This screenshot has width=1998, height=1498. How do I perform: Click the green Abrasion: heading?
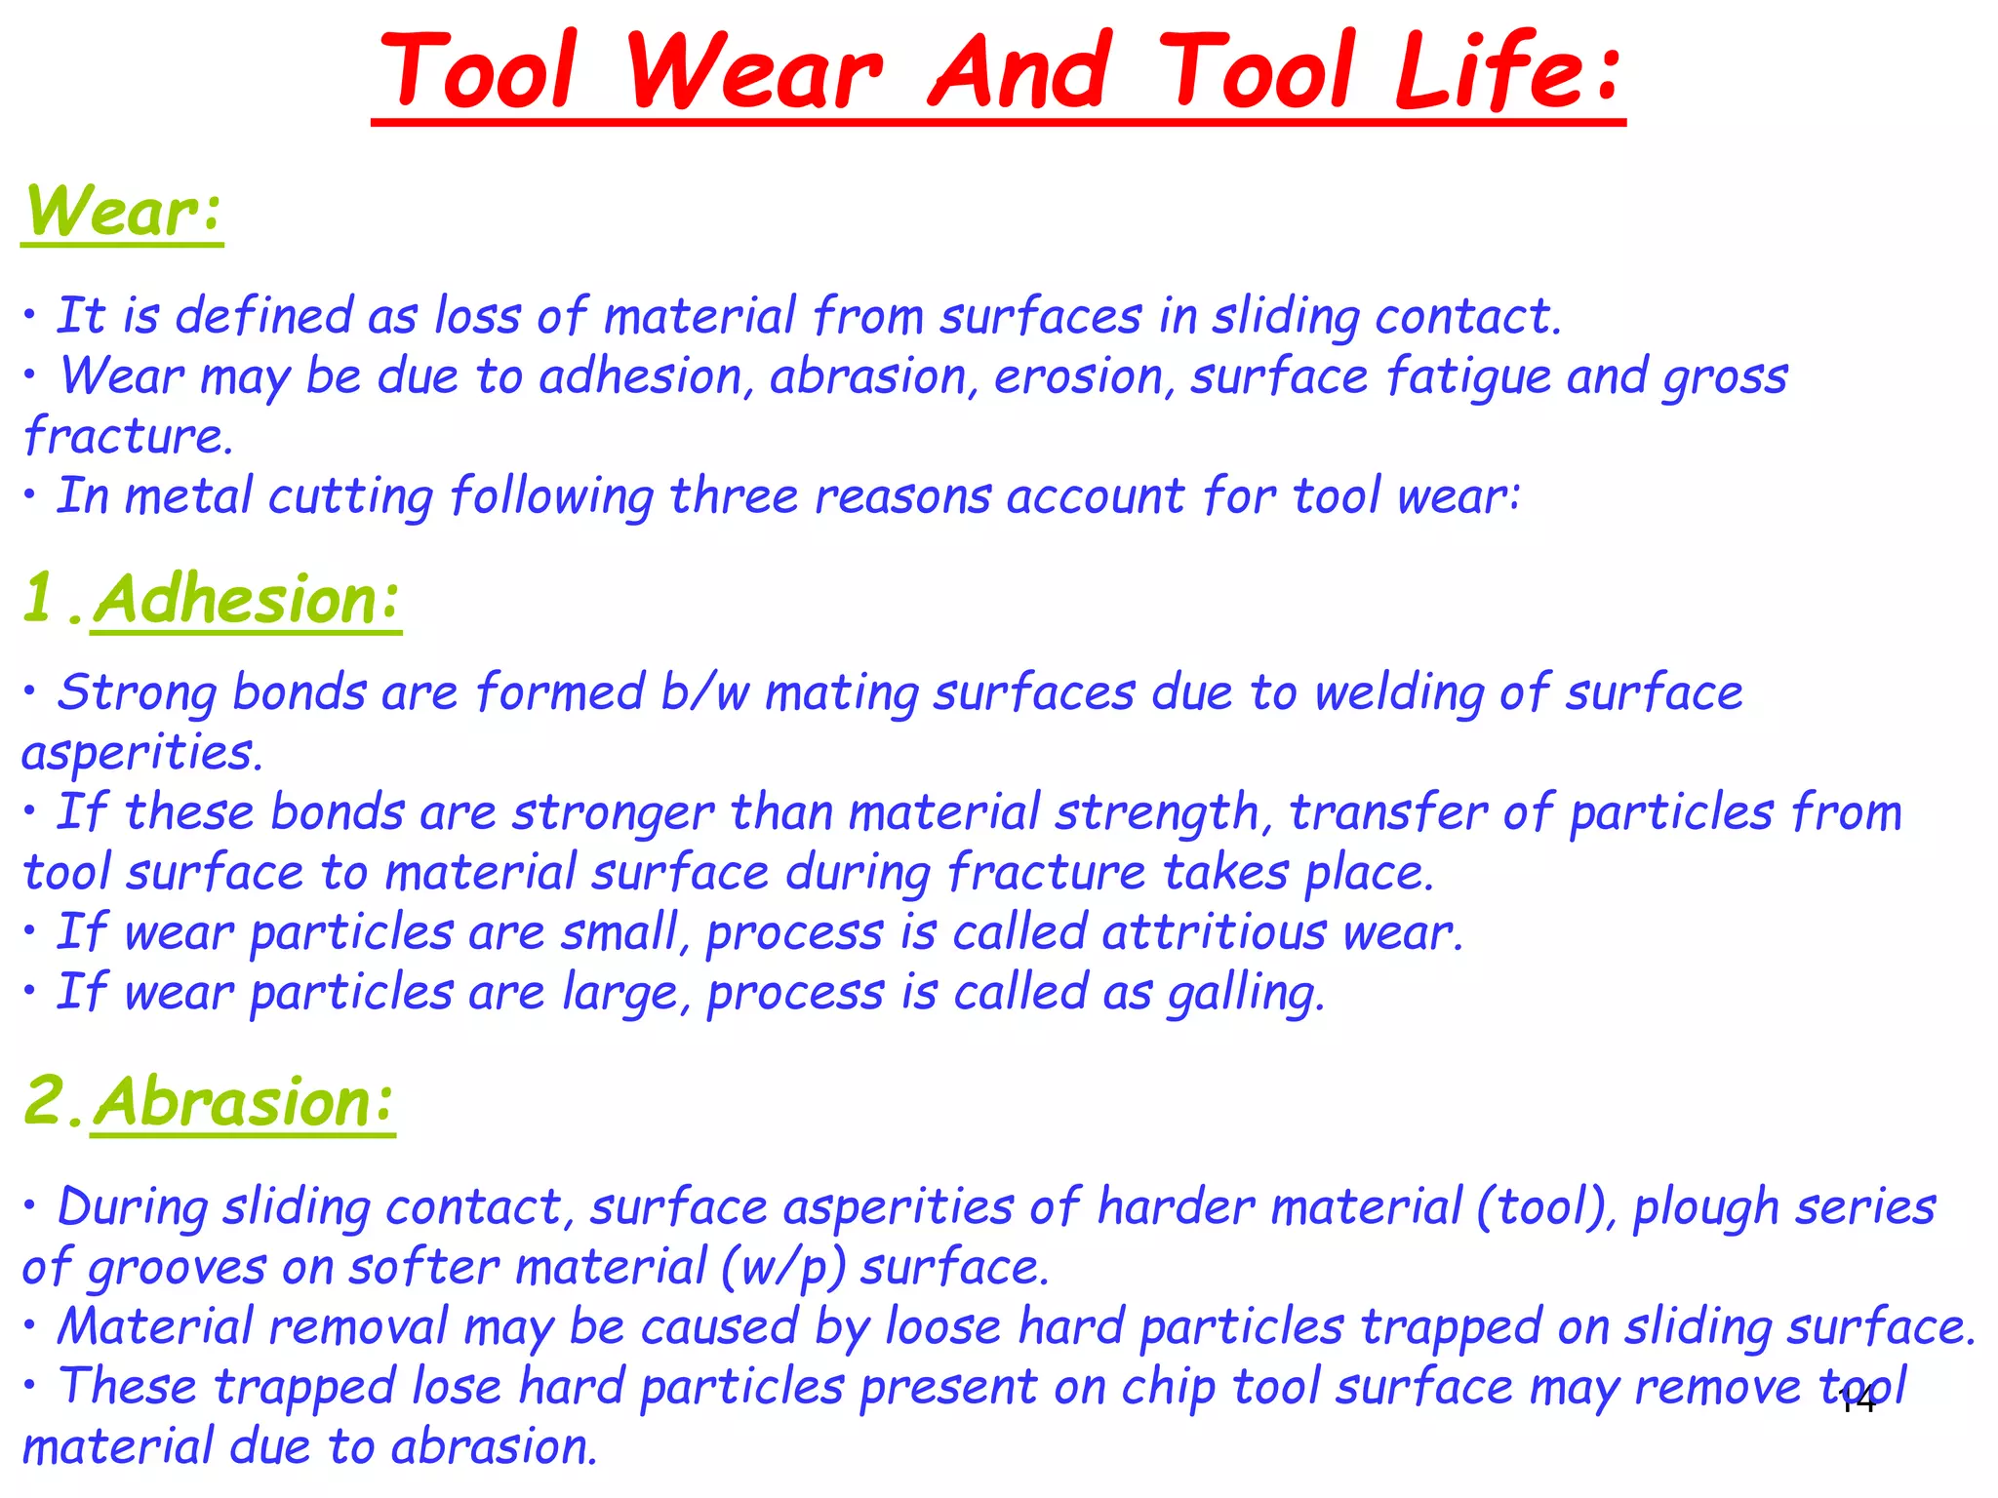244,1101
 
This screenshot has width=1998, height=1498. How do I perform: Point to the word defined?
263,316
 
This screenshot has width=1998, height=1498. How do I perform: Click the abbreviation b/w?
704,692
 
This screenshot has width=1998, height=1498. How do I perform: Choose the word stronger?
614,813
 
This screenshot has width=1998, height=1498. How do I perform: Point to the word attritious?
1214,932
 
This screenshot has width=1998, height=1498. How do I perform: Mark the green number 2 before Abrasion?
45,1101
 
